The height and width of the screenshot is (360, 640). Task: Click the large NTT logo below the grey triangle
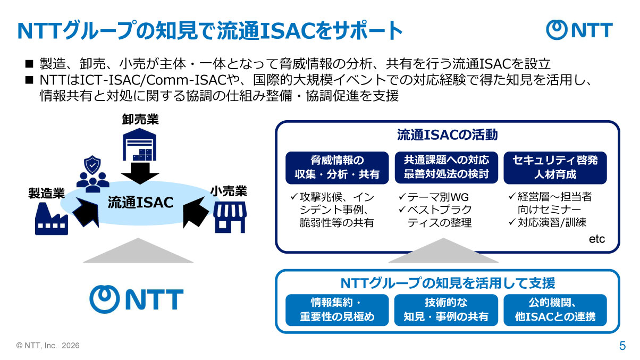pyautogui.click(x=136, y=299)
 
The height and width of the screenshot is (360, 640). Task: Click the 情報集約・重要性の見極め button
pyautogui.click(x=337, y=310)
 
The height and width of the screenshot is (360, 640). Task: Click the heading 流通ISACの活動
pyautogui.click(x=447, y=135)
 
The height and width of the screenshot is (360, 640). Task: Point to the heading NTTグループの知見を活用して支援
pyautogui.click(x=447, y=282)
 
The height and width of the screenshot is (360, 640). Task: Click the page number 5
pyautogui.click(x=622, y=346)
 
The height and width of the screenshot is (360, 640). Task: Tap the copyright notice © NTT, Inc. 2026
pyautogui.click(x=48, y=346)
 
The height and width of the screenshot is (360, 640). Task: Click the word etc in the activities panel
pyautogui.click(x=596, y=239)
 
